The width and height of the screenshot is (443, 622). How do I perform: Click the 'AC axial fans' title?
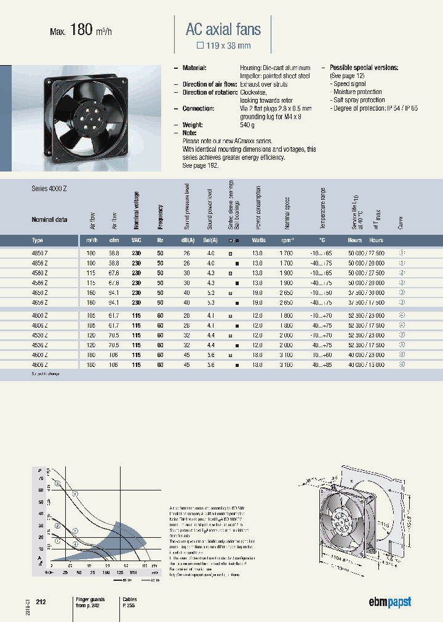[223, 29]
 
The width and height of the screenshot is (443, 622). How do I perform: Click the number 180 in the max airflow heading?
[81, 29]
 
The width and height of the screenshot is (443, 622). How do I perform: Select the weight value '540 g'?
[248, 125]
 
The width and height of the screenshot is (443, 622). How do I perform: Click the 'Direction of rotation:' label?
[210, 92]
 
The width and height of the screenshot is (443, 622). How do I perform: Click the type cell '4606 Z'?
[41, 364]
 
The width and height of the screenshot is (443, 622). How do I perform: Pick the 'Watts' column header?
[258, 240]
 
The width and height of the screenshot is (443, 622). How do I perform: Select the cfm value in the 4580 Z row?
[114, 272]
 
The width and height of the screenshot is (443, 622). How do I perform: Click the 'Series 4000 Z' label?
[49, 189]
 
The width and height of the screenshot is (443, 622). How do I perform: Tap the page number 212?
[41, 602]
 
